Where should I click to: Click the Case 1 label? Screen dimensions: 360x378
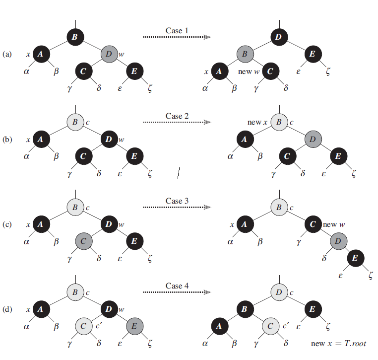click(x=177, y=31)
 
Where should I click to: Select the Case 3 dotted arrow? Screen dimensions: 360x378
click(x=177, y=208)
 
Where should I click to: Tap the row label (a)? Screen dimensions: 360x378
click(x=7, y=54)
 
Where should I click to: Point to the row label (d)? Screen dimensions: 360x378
click(x=7, y=309)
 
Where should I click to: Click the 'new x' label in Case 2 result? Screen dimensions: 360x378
click(x=257, y=122)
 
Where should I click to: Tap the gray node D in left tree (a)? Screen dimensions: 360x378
click(x=109, y=54)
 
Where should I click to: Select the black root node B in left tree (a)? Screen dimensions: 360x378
click(x=75, y=36)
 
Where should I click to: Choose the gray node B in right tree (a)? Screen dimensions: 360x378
click(x=245, y=54)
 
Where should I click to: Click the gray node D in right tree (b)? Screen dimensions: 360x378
click(x=313, y=139)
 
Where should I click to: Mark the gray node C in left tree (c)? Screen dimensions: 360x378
click(x=84, y=241)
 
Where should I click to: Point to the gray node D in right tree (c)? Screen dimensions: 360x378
click(x=338, y=241)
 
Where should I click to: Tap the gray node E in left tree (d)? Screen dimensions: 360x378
click(x=134, y=326)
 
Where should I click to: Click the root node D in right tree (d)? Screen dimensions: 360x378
click(x=279, y=292)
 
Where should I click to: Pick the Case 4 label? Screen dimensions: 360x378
click(x=177, y=286)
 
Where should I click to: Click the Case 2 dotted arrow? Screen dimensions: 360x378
click(x=177, y=122)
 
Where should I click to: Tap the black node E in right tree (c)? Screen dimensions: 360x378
click(x=355, y=258)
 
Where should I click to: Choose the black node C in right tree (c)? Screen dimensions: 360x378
click(x=313, y=224)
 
